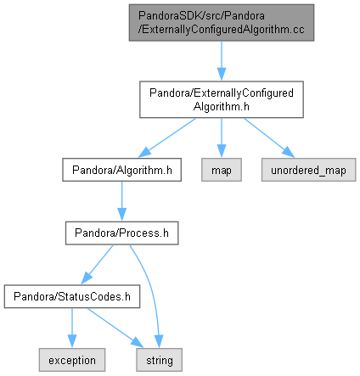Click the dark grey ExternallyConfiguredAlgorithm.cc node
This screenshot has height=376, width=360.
click(x=222, y=23)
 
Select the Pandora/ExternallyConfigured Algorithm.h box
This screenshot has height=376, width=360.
click(x=222, y=99)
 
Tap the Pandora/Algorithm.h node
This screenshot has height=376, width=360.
click(x=121, y=170)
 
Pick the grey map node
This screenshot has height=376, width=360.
click(x=222, y=170)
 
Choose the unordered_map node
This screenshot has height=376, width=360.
click(x=308, y=170)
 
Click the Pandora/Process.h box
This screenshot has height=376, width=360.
click(x=121, y=233)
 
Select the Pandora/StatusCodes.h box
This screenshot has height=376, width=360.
click(x=72, y=296)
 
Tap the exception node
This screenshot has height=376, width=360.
click(x=72, y=360)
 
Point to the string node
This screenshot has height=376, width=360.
click(x=159, y=360)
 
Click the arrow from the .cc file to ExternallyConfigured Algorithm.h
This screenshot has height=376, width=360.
click(x=222, y=61)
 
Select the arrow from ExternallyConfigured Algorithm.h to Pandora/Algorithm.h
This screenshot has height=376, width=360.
click(x=167, y=137)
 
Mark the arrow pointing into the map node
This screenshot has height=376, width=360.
click(x=222, y=137)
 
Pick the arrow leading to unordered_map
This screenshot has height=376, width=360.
click(x=269, y=137)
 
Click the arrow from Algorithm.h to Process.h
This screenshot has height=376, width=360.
click(x=121, y=201)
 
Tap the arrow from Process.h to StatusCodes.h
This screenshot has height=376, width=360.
click(x=97, y=265)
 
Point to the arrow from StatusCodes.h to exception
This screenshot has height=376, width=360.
click(x=72, y=328)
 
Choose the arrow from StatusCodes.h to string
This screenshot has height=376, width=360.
click(x=115, y=328)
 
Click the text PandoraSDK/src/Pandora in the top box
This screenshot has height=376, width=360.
click(x=201, y=16)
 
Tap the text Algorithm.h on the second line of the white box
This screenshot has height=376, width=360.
click(x=222, y=107)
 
